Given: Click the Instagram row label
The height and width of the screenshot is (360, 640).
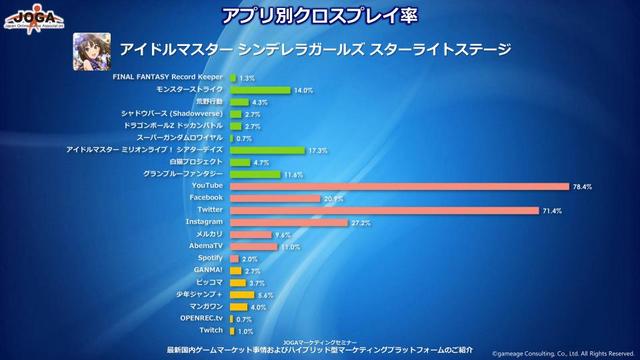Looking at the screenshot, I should coord(204,221).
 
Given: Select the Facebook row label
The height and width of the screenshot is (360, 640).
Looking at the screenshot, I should coord(205,197).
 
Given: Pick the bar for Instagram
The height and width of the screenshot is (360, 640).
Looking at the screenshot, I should coord(289,222).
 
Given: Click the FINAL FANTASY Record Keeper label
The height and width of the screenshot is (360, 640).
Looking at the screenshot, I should coord(168,77).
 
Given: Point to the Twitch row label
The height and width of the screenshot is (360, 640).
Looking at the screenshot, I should coord(211,329).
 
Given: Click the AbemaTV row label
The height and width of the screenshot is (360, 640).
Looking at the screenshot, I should coord(205,245).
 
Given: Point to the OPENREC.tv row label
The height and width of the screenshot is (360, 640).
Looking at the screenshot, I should coord(202,318).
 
